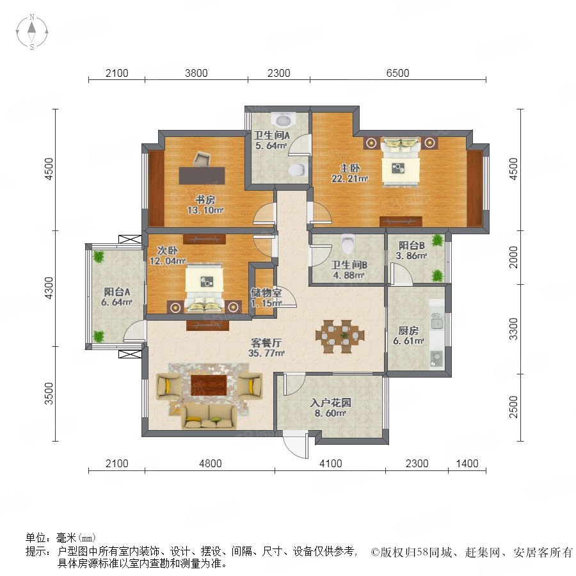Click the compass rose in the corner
coord(32,31)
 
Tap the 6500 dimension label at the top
coord(397,73)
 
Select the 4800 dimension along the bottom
coord(210,463)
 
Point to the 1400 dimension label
coord(467,463)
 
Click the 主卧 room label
coord(349,168)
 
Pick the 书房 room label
coord(205,200)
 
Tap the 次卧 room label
coord(168,250)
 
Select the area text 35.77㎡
coord(266,353)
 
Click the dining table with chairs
coord(340,336)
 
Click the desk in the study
coord(202,175)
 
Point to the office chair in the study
coord(202,158)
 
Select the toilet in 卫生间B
coord(348,244)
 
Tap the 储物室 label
coord(266,292)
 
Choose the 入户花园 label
coord(330,403)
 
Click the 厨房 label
coord(408,330)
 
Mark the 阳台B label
coord(412,245)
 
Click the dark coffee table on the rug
coord(208,385)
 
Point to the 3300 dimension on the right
coord(513,329)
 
